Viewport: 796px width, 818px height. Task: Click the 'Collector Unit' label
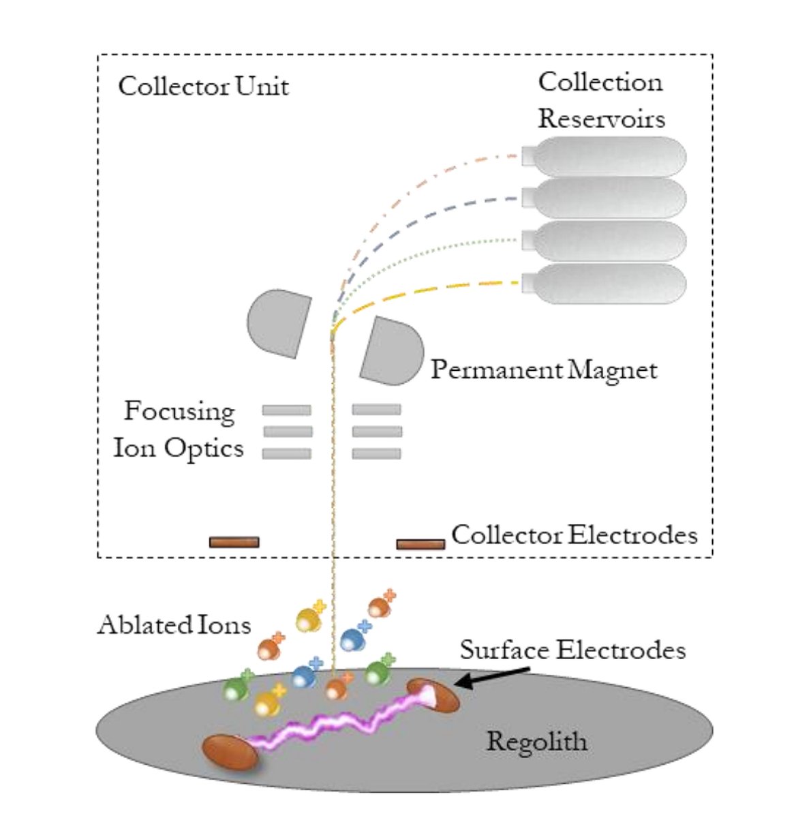click(x=203, y=87)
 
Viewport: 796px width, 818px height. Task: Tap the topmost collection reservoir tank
click(x=607, y=157)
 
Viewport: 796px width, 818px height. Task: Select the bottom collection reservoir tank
click(x=607, y=284)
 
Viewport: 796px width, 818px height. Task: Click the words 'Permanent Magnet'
click(x=544, y=369)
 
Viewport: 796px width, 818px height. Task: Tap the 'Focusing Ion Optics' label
click(x=179, y=429)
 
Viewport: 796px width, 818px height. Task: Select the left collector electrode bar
click(x=234, y=542)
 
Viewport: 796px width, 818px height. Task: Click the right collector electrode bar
click(x=420, y=544)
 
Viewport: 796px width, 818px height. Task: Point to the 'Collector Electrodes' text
click(x=574, y=534)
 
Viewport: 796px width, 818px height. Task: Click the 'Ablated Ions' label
click(x=174, y=624)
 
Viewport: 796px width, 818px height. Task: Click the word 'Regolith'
click(x=536, y=740)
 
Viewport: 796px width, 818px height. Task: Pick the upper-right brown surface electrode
click(x=434, y=695)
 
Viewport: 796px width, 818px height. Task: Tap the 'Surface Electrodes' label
click(x=572, y=650)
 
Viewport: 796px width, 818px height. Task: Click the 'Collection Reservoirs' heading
click(x=600, y=100)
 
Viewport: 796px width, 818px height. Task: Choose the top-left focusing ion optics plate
click(x=287, y=410)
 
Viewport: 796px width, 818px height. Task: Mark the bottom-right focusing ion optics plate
click(x=377, y=453)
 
